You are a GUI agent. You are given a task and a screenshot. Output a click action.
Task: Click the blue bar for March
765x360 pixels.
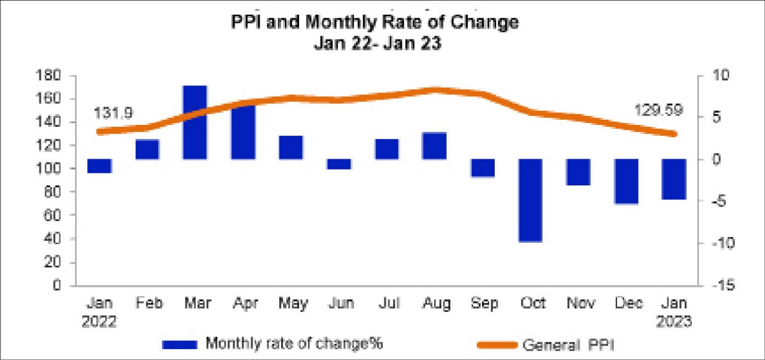coord(195,122)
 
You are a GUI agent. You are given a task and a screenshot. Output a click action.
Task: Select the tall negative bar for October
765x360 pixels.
coord(530,200)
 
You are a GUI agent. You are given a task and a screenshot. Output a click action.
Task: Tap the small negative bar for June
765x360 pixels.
coord(339,164)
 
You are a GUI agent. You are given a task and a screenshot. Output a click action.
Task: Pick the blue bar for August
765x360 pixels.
coord(434,146)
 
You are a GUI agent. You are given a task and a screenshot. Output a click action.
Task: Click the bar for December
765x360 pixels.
coord(626,182)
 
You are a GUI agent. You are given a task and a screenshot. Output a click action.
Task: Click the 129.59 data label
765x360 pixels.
coord(659,110)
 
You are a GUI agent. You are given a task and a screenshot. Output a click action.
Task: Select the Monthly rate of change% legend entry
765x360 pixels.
coord(293,344)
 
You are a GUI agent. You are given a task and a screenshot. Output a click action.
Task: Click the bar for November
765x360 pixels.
coord(578,172)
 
